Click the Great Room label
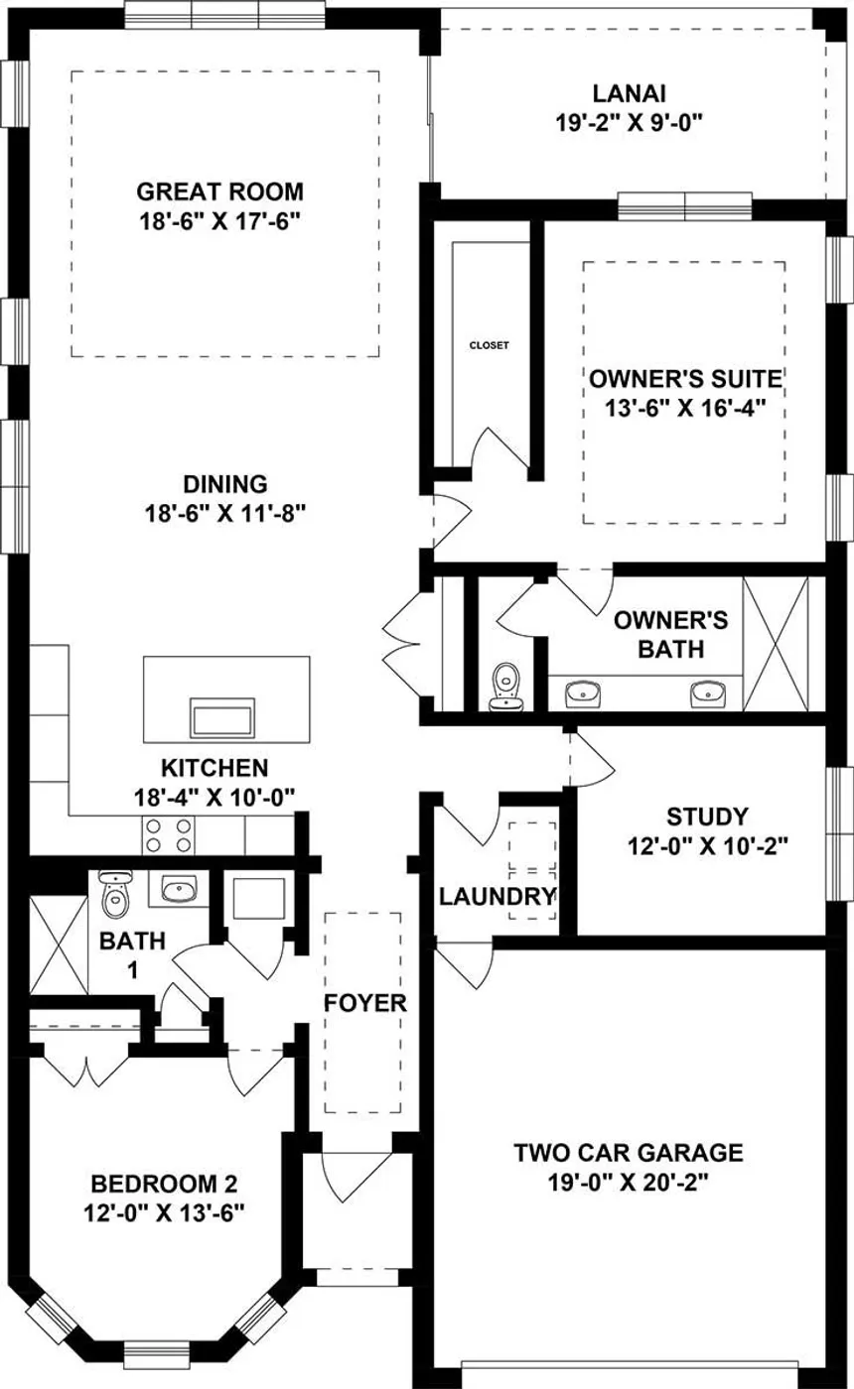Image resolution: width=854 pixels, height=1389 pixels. [x=220, y=191]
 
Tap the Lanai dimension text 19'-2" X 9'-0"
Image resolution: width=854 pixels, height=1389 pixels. [x=629, y=123]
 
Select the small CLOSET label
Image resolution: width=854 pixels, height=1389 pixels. [x=489, y=345]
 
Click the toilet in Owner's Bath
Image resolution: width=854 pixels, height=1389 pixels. [x=506, y=687]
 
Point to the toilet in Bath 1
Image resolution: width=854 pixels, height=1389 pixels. [x=115, y=894]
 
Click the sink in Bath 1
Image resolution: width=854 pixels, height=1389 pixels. [x=179, y=889]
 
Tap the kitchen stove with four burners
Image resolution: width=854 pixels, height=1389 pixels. [x=168, y=834]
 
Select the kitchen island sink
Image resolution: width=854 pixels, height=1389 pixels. [x=222, y=718]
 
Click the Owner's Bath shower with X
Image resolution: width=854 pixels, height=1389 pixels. [x=776, y=644]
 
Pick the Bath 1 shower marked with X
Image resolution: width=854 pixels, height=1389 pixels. [x=59, y=945]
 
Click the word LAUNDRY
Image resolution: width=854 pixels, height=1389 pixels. [x=498, y=896]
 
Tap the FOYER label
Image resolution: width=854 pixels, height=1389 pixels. [x=365, y=1003]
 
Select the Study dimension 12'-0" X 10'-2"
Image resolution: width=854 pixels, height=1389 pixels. [x=707, y=845]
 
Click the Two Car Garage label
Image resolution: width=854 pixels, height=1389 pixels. [x=629, y=1153]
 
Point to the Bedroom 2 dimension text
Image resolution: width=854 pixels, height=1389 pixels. [x=165, y=1212]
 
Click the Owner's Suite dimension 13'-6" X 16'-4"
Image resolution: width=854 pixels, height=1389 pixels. [x=685, y=408]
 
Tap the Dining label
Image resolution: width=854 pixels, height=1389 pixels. [x=225, y=484]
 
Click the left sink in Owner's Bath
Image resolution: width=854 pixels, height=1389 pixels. [x=584, y=694]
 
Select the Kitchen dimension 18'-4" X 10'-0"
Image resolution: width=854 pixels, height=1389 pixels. [x=214, y=797]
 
